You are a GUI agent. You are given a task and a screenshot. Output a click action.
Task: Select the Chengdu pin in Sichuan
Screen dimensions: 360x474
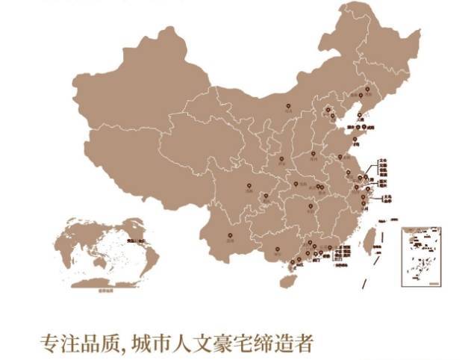[245, 187]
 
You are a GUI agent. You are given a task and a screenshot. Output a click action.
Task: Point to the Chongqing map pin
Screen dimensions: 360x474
[266, 196]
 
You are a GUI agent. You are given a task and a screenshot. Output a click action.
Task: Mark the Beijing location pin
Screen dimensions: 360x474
[325, 111]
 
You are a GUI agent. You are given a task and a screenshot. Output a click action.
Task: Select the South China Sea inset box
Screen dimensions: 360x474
[421, 256]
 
